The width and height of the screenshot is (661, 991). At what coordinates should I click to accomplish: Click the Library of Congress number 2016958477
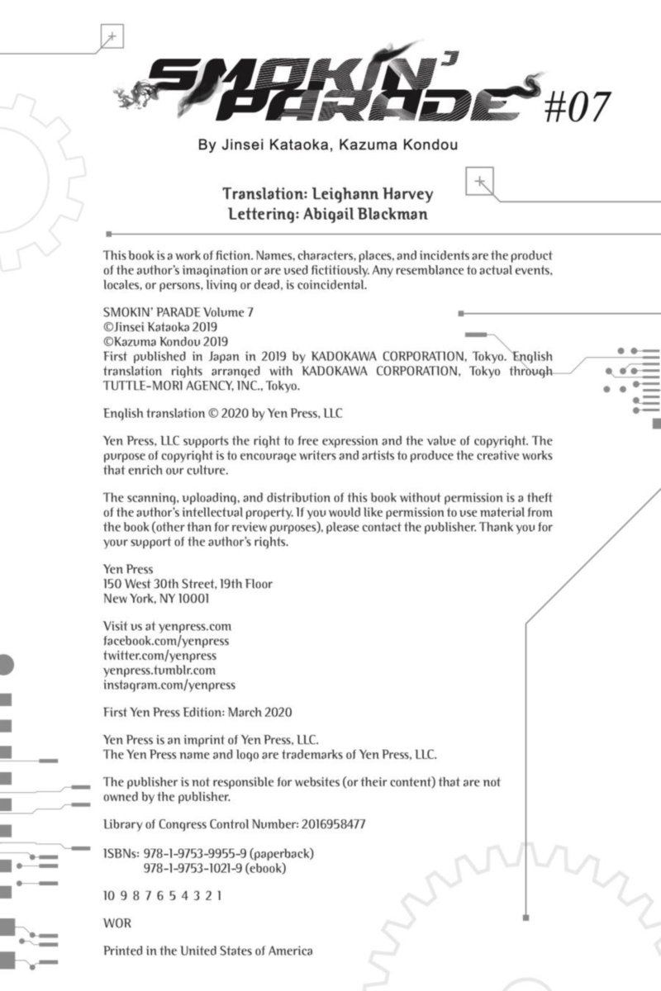(323, 824)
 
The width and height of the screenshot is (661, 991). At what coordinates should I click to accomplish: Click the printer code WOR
(117, 922)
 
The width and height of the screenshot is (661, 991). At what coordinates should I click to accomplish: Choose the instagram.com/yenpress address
(169, 685)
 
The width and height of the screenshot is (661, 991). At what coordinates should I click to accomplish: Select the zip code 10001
(191, 598)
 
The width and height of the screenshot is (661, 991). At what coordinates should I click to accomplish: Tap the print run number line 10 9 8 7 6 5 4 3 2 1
(162, 895)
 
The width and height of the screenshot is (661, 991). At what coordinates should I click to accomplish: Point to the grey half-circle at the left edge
(6, 665)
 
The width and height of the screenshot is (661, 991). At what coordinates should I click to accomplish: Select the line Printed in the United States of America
(208, 951)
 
